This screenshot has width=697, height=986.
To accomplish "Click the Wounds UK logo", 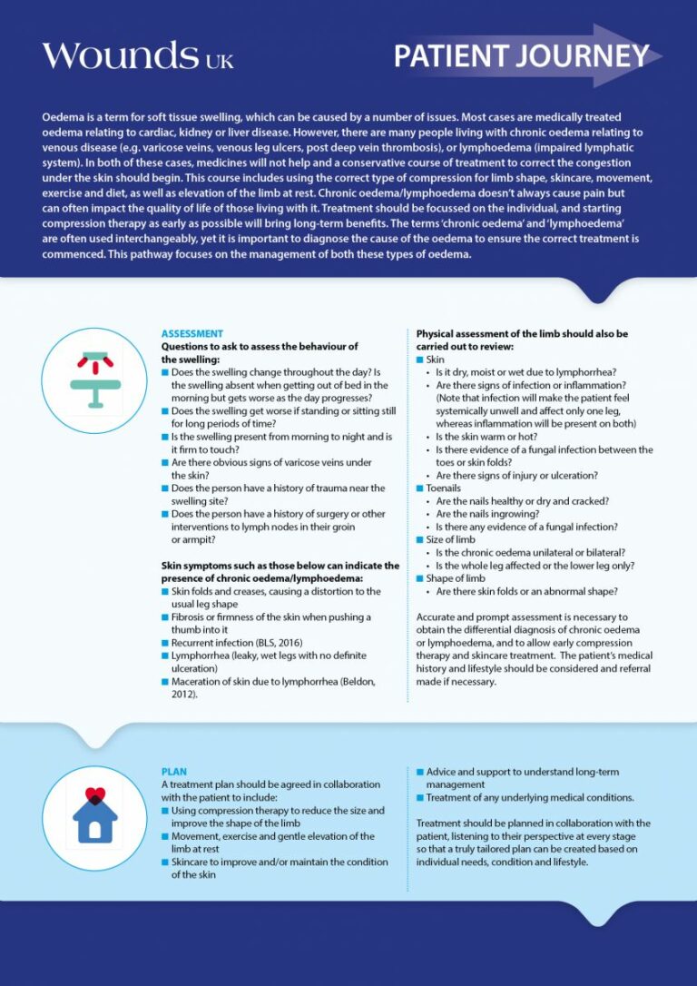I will (137, 56).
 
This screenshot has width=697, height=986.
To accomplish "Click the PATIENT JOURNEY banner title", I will (521, 56).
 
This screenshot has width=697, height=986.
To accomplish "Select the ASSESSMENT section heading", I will (192, 333).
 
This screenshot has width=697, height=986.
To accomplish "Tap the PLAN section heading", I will (174, 772).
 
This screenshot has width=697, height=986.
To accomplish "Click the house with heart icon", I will (94, 814).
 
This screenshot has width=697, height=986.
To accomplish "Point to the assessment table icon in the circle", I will (94, 380).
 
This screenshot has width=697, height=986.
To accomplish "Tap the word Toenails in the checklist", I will (443, 488).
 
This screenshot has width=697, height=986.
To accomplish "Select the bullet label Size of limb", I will (450, 539).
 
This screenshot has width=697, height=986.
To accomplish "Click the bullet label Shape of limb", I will (455, 578).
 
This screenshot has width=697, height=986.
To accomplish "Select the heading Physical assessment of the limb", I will (522, 333).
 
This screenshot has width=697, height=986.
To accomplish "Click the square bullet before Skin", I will (420, 360).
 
